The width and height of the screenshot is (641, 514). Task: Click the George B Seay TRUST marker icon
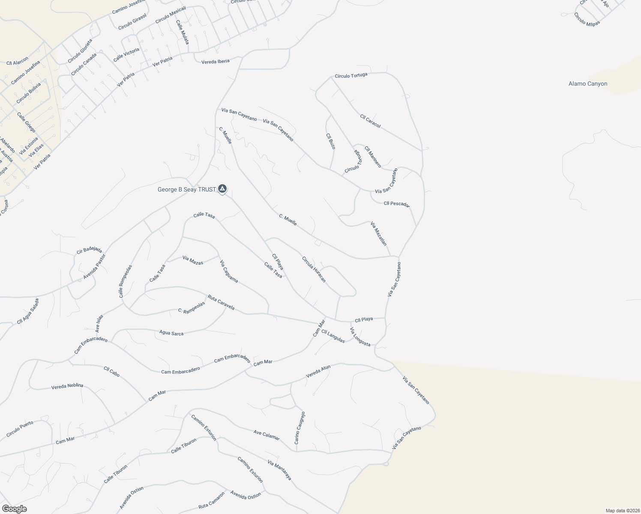tap(222, 188)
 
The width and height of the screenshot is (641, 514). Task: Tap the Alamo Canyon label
tap(588, 84)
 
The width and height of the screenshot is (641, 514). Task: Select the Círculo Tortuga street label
tap(351, 76)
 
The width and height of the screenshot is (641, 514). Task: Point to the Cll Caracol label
tap(370, 121)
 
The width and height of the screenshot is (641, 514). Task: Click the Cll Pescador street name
tap(397, 204)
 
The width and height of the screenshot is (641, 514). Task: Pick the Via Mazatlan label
tap(379, 234)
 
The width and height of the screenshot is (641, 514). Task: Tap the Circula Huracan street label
tap(314, 269)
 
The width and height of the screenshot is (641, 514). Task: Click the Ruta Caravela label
tap(221, 302)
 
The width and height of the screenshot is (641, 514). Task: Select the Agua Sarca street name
tap(171, 333)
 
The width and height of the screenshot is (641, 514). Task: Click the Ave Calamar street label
tap(267, 435)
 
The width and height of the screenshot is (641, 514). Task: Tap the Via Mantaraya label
tap(279, 470)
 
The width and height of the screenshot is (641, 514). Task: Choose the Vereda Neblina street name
tap(67, 386)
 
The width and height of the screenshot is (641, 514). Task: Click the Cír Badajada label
tap(89, 250)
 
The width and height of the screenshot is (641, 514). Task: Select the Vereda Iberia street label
tap(216, 62)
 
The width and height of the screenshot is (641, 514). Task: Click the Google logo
tap(14, 509)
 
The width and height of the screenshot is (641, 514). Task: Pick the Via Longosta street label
tap(360, 337)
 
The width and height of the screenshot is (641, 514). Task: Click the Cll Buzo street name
tap(330, 141)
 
